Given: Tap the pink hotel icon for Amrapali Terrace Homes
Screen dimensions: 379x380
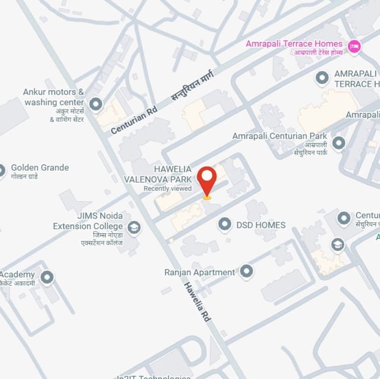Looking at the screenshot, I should coord(354,46).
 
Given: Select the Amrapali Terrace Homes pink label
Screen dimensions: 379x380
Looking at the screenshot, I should coord(294,44).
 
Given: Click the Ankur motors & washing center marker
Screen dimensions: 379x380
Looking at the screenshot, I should coord(96,104).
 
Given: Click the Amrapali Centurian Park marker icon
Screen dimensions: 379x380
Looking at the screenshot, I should coord(339,142).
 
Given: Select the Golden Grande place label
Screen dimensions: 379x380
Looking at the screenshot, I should coord(40,168).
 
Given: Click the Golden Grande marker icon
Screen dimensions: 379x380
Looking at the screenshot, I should coord(1,170).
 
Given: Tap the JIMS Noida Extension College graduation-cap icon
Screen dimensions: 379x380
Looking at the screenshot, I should coord(134,227).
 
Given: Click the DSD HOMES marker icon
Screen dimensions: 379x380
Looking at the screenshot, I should coord(225,225).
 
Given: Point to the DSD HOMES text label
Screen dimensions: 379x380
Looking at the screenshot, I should coord(261,225).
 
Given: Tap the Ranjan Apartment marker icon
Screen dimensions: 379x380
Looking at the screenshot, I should coord(246,271).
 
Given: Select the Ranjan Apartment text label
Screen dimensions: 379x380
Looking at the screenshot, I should coord(200,272).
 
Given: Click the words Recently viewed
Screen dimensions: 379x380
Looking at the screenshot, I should coord(167,189).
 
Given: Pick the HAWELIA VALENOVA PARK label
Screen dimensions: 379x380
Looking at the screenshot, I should coord(158,174).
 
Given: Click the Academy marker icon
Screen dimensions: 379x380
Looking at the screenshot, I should coord(47,277).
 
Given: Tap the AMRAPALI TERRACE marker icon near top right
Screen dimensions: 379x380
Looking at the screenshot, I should coord(322,78).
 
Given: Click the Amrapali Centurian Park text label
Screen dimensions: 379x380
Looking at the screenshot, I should coord(280,136).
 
